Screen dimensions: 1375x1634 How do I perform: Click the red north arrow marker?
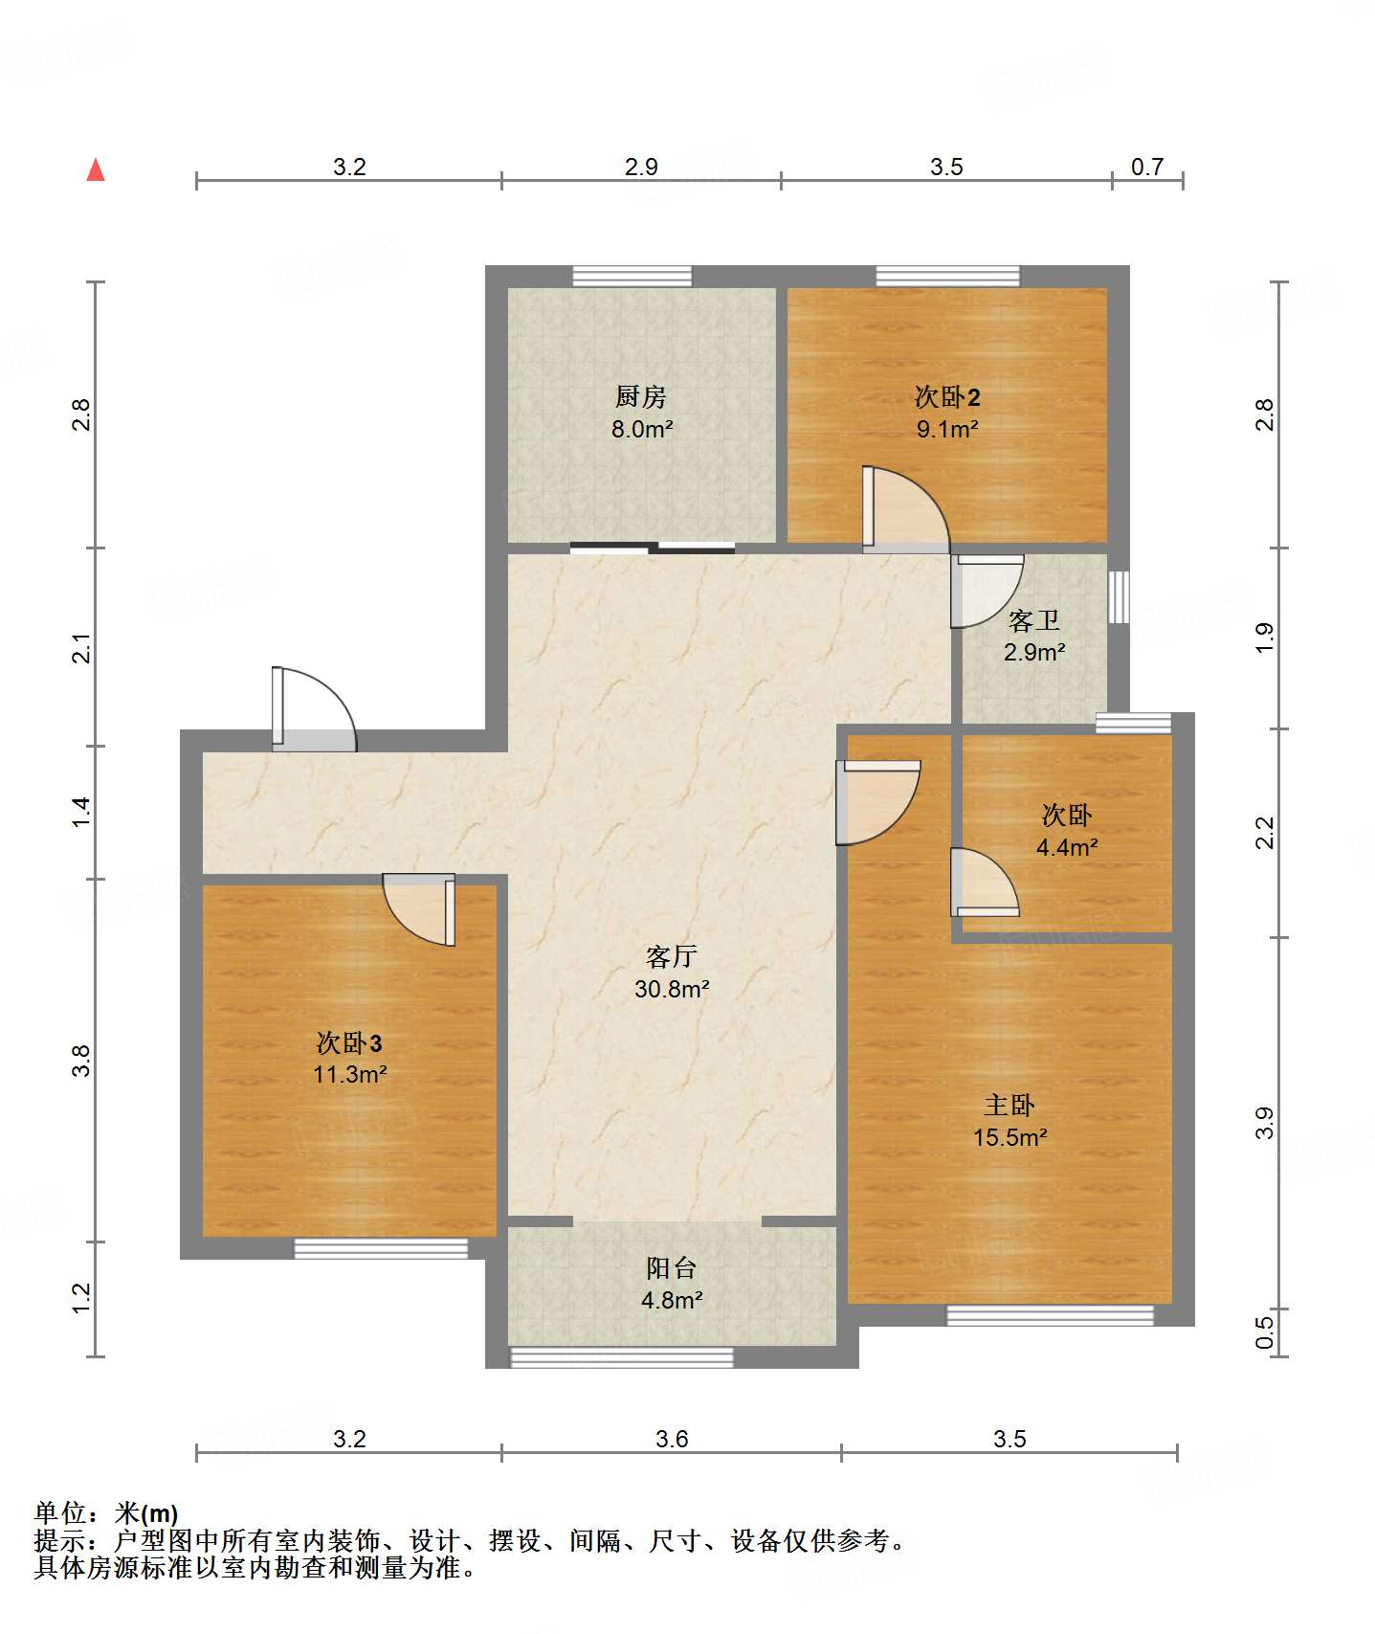(96, 169)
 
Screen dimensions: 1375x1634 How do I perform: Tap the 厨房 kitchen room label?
(641, 396)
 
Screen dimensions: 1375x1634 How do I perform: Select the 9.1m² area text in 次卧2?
(947, 429)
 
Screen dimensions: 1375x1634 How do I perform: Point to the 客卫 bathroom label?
(1034, 621)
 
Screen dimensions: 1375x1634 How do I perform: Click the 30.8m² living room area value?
(672, 989)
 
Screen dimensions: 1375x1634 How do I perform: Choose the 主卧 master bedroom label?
(1009, 1106)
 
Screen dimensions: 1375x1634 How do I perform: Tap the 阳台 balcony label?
(672, 1268)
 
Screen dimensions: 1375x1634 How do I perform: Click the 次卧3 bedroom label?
(349, 1042)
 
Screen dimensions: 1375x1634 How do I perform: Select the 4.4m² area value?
(1067, 847)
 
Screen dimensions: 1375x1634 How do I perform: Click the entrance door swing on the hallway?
(314, 708)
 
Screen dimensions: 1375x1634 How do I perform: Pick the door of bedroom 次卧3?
(419, 909)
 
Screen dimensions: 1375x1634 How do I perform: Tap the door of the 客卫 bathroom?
(987, 591)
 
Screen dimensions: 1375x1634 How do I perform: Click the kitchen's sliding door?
(653, 548)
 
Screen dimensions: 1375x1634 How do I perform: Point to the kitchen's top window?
(632, 277)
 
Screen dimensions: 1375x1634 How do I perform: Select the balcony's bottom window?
(622, 1357)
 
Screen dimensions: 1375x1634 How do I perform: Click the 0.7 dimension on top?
(1147, 167)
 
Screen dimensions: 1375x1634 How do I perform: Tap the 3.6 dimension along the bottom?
(672, 1439)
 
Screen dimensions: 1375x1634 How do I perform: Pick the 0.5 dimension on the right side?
(1264, 1332)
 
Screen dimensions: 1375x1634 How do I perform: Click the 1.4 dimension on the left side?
(81, 812)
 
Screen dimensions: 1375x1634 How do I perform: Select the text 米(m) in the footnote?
(146, 1513)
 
